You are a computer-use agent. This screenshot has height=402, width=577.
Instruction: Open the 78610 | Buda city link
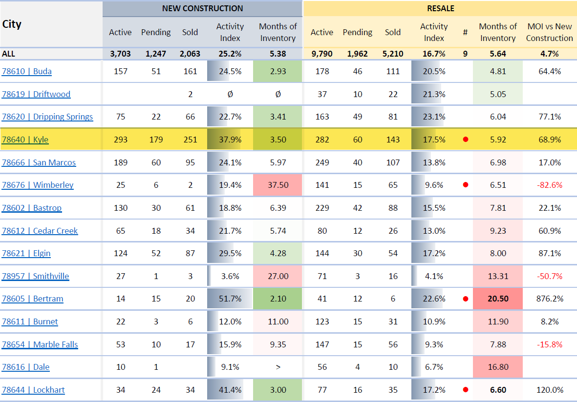(27, 71)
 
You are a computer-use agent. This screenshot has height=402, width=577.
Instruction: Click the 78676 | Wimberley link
(38, 185)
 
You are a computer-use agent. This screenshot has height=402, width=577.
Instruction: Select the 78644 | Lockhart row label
(33, 390)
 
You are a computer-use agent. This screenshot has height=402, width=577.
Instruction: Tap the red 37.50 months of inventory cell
(278, 185)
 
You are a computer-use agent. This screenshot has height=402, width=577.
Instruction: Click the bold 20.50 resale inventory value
(498, 299)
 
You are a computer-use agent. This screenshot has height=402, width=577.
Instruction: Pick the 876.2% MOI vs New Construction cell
(549, 299)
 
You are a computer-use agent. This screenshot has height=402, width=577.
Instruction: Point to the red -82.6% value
(549, 185)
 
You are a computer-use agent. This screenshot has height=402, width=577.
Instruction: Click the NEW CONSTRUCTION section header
(202, 8)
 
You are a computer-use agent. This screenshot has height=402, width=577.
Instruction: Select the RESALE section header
(440, 8)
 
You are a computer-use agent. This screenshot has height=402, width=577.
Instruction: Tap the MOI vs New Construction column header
(549, 32)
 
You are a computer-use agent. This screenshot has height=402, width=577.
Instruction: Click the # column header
(465, 32)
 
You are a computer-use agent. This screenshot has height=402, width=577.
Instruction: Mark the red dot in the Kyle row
(465, 140)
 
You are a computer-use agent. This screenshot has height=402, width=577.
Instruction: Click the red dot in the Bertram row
(465, 299)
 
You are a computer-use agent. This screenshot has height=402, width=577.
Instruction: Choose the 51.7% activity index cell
(230, 299)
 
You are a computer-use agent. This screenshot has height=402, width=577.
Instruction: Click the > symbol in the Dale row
(278, 367)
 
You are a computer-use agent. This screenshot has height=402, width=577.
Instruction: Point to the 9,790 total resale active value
(322, 54)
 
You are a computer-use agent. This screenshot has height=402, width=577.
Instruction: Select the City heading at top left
(12, 24)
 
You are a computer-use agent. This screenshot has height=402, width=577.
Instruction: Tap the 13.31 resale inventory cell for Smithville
(498, 276)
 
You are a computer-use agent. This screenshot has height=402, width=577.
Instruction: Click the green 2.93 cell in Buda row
(278, 71)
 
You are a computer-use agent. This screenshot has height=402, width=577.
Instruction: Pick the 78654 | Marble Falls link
(40, 344)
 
